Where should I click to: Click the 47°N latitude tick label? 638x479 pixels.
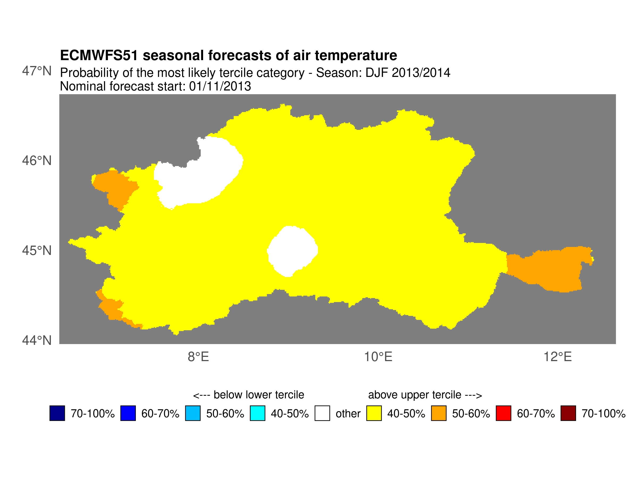tap(37, 71)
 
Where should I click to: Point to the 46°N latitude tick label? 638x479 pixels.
tap(37, 161)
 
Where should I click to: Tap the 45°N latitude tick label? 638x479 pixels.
tap(37, 251)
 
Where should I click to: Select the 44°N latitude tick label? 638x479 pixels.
tap(37, 340)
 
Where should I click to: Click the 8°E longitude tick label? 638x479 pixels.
tap(198, 357)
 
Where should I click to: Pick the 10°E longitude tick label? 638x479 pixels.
tap(378, 357)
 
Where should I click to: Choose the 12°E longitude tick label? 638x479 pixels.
tap(557, 357)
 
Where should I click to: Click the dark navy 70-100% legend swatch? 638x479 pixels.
tap(57, 413)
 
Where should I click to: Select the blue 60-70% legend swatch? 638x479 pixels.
tap(128, 413)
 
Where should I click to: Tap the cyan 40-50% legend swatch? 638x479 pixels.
tap(257, 413)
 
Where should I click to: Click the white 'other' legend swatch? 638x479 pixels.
tap(322, 413)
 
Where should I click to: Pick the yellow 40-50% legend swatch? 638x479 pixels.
tap(374, 413)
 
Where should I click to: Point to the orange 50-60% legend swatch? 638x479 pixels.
tap(439, 413)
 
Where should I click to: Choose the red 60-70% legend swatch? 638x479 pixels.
tap(503, 413)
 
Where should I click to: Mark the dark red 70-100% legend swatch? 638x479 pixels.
tap(568, 413)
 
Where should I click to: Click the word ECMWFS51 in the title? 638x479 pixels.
tap(99, 55)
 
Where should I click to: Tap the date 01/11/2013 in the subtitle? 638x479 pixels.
tap(220, 86)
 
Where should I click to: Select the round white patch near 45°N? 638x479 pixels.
tap(292, 251)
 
